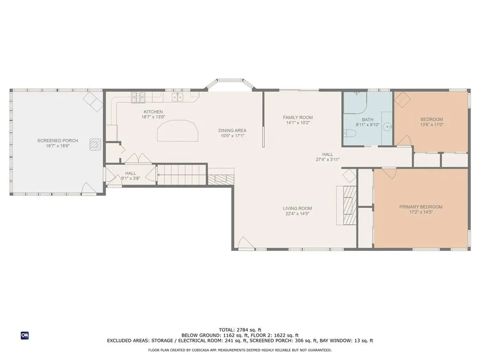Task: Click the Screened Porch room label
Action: (58, 141)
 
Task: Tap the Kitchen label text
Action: (153, 112)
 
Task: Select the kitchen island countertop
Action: (178, 131)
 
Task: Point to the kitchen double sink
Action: (178, 97)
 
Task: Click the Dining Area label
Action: (232, 130)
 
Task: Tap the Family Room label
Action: (298, 117)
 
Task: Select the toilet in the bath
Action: (350, 134)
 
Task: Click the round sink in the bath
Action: (388, 126)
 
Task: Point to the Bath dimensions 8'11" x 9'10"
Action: (367, 125)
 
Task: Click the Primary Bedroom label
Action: (420, 207)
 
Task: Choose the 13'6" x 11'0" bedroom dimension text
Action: (432, 125)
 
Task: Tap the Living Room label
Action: (297, 209)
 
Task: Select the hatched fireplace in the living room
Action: (350, 205)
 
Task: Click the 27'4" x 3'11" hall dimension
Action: (328, 159)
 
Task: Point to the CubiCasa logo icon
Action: (25, 336)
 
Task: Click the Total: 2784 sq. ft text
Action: (240, 330)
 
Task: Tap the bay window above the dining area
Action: (230, 84)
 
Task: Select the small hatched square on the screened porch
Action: (96, 144)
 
